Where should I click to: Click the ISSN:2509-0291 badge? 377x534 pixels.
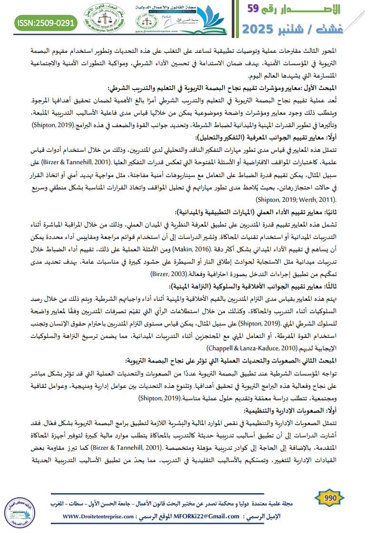point(45,22)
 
